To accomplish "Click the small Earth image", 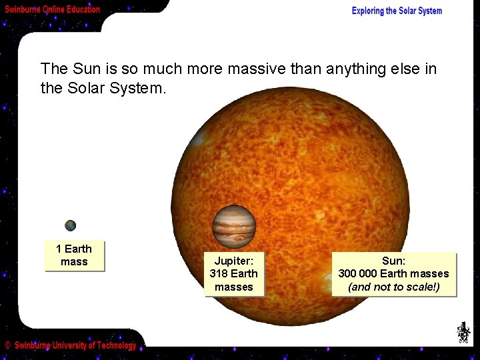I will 70,226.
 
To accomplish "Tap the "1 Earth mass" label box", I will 74,255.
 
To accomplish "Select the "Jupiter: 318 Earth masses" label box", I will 234,273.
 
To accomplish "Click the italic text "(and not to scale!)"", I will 393,287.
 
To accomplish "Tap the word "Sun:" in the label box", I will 393,261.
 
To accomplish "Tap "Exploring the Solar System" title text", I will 397,11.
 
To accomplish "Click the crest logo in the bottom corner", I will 463,332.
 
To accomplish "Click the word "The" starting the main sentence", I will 54,69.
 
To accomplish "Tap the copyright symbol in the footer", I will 7,345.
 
